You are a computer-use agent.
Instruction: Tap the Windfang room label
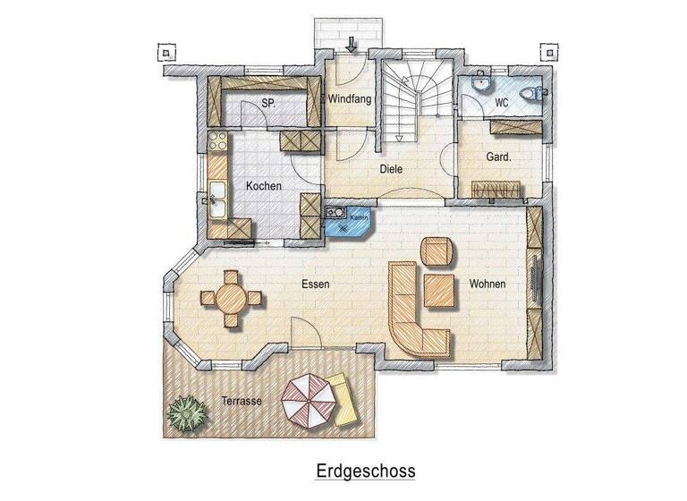[x=349, y=98]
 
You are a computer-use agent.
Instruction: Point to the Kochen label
[x=264, y=186]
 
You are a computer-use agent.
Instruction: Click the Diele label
[x=391, y=168]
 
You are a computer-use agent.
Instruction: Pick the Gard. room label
[x=498, y=157]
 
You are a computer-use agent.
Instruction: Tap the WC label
[x=501, y=103]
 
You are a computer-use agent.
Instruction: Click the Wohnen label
[x=487, y=284]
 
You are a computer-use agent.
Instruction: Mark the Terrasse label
[x=242, y=401]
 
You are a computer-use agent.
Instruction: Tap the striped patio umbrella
[x=307, y=399]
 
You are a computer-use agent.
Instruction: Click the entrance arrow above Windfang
[x=351, y=44]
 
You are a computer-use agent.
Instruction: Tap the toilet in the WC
[x=534, y=91]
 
